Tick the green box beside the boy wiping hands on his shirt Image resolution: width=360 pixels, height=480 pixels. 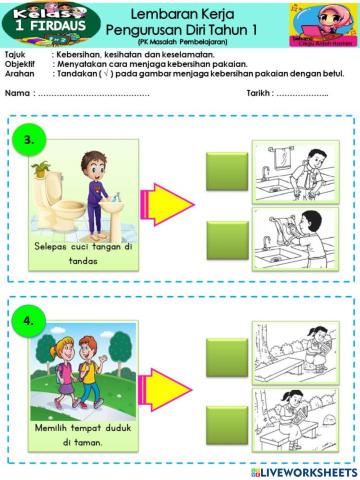point(226,169)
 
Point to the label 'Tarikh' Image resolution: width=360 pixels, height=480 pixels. point(260,92)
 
